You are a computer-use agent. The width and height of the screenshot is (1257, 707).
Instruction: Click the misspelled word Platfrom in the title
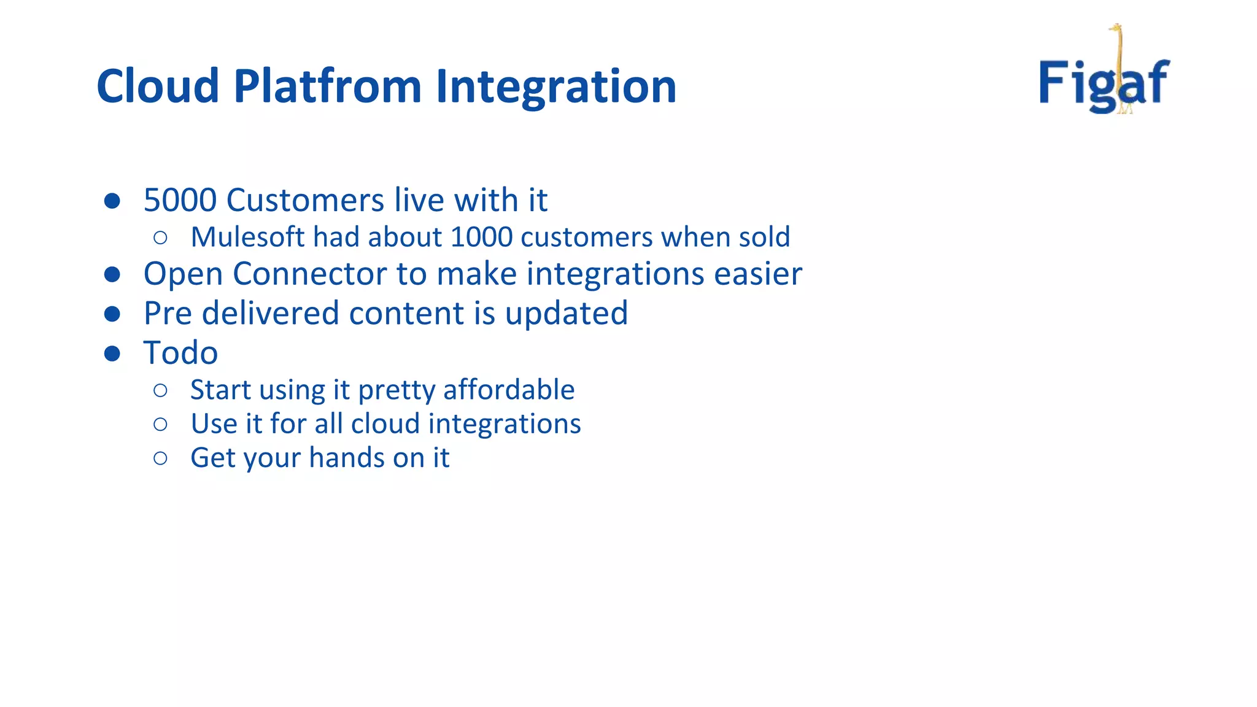[x=328, y=86]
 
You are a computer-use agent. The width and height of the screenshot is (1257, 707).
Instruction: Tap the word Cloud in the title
[x=158, y=86]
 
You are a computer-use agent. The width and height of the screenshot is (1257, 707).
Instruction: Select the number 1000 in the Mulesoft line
[x=481, y=238]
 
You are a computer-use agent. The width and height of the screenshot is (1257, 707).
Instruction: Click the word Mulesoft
[x=247, y=238]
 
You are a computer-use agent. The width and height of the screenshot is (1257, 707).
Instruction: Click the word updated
[x=566, y=314]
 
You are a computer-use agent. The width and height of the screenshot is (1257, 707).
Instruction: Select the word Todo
[x=180, y=353]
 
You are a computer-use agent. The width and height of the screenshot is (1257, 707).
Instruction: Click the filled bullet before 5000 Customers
[x=112, y=201]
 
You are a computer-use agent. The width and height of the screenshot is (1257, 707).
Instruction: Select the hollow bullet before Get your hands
[x=160, y=458]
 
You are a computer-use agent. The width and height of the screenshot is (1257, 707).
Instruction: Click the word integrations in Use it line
[x=504, y=424]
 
